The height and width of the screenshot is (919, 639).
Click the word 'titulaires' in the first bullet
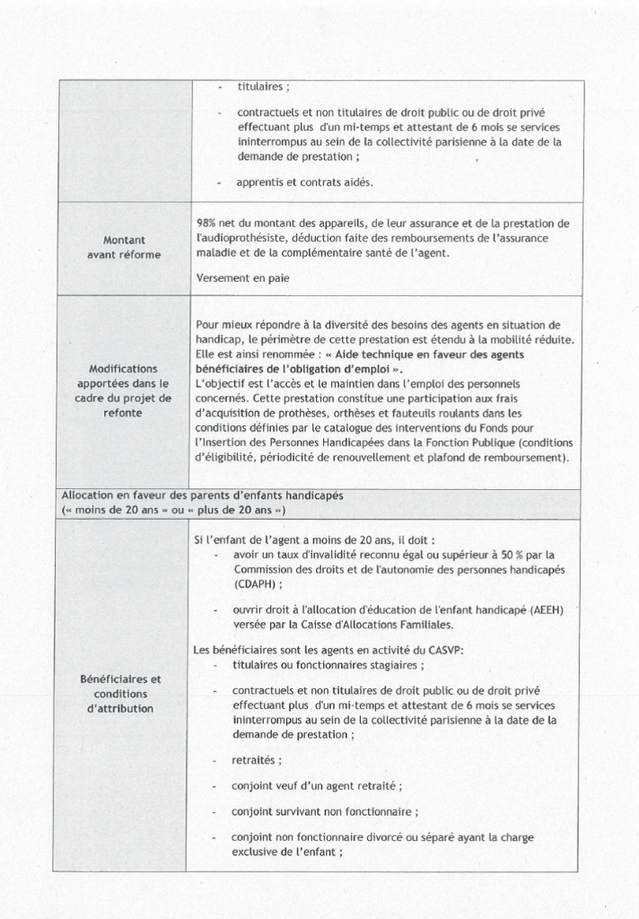click(x=260, y=87)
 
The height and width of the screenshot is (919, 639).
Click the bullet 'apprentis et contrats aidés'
click(x=304, y=182)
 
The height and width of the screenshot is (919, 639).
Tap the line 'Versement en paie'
click(x=242, y=278)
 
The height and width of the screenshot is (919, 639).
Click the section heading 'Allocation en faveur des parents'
click(x=203, y=495)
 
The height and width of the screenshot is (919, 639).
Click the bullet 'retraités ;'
click(x=257, y=760)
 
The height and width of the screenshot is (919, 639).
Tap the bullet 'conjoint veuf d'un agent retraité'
click(x=316, y=786)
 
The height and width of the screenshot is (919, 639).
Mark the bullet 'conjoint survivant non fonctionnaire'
click(x=325, y=811)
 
